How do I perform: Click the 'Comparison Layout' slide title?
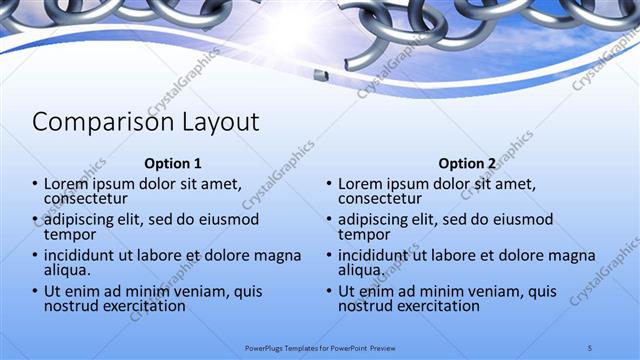(x=146, y=122)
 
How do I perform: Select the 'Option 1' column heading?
(x=173, y=163)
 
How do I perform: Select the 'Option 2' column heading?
(x=467, y=163)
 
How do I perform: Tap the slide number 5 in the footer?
(x=590, y=347)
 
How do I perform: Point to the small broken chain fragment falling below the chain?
(x=320, y=75)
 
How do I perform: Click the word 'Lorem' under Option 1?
(x=66, y=184)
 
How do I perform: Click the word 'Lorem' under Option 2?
(x=360, y=184)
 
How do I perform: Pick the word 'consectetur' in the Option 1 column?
(x=85, y=198)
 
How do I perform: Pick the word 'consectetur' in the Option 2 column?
(x=379, y=198)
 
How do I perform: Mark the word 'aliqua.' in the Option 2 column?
(x=362, y=270)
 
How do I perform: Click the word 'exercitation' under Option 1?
(x=142, y=306)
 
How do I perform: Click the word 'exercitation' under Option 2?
(x=436, y=306)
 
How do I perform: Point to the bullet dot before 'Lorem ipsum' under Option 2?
(x=328, y=184)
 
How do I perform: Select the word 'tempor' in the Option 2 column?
(x=364, y=234)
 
